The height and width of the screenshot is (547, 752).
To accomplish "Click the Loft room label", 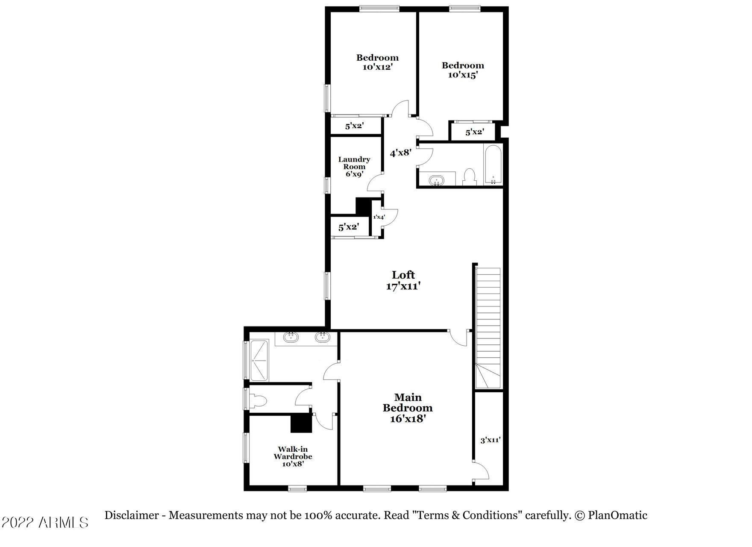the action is [403, 275].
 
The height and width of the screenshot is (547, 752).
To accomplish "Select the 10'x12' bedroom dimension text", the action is [378, 67].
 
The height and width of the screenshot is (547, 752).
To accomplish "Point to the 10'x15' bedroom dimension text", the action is [463, 75].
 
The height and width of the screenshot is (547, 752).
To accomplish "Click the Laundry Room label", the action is [354, 163].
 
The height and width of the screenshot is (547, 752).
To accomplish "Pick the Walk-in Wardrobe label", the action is [293, 453].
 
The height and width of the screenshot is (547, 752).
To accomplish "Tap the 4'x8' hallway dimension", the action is [401, 152].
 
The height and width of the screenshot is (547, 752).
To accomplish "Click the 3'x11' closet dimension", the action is [491, 440].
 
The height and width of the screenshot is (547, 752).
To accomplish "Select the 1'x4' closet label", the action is [379, 217].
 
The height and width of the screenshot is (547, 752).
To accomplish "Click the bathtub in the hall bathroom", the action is [493, 165].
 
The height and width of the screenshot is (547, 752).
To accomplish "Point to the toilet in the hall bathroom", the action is [470, 177].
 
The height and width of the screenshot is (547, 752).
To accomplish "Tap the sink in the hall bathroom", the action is [437, 180].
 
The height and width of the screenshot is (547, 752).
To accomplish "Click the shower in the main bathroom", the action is [259, 360].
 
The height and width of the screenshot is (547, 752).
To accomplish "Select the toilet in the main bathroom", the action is [258, 401].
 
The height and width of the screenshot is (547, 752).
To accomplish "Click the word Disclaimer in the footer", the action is [132, 515].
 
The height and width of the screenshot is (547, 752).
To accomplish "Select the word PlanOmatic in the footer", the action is [617, 515].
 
